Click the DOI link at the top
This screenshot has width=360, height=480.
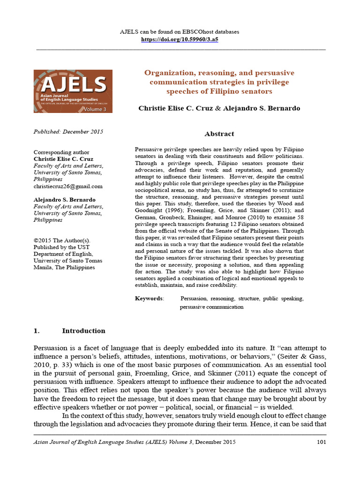tap(180, 40)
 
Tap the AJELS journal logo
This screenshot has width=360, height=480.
tap(73, 91)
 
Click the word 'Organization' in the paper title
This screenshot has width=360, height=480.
tap(166, 73)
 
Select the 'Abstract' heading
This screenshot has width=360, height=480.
tap(219, 134)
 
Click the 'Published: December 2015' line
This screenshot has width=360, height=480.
tap(68, 132)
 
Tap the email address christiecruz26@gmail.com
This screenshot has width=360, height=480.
tap(68, 186)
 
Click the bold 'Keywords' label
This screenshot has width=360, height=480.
tap(149, 298)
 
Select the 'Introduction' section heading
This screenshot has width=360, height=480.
tap(83, 331)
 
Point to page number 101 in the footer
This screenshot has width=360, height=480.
tap(321, 442)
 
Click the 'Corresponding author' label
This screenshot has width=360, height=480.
tap(59, 152)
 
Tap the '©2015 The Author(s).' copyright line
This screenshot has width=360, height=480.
tap(62, 240)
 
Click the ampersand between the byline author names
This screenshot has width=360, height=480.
tap(217, 108)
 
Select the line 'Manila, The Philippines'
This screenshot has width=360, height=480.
tap(64, 267)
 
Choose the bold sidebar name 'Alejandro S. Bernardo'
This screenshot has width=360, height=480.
tap(65, 200)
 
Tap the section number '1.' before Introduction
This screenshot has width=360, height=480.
tap(37, 331)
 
